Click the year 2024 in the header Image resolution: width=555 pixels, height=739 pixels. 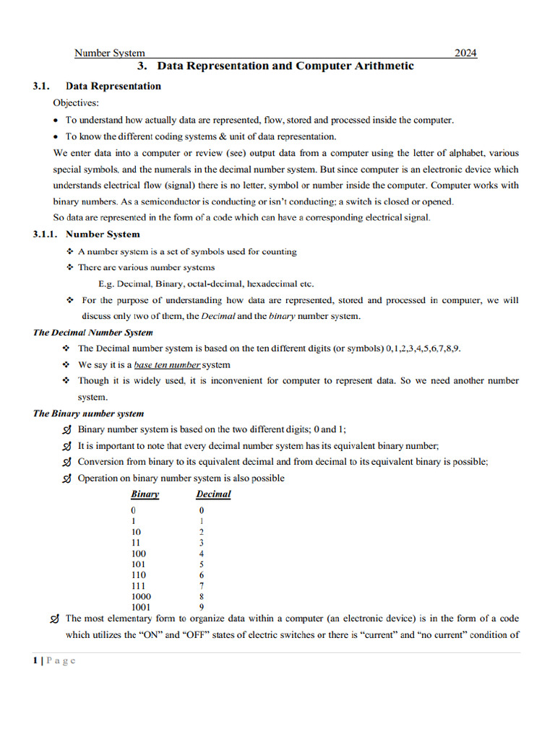tap(465, 53)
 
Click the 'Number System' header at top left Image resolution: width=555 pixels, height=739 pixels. tap(110, 53)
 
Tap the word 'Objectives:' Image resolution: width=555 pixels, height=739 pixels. tap(76, 102)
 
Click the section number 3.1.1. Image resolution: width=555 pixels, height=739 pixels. tap(45, 234)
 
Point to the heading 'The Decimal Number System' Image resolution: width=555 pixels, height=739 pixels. tap(92, 333)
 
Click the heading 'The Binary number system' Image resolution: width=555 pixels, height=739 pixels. tap(88, 414)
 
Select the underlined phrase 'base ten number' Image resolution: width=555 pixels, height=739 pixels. tap(167, 365)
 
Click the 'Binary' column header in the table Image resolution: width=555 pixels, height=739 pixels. tap(145, 494)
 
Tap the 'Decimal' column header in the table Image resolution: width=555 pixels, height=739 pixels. tap(213, 494)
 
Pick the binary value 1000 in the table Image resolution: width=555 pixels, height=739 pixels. tap(141, 596)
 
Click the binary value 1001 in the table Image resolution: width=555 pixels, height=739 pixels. tap(141, 607)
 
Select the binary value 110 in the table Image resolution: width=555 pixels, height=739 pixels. tap(138, 574)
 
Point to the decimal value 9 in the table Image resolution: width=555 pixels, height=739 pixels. tap(202, 607)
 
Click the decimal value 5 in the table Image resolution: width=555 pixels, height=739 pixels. tap(202, 564)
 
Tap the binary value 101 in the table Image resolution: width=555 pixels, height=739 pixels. tap(138, 564)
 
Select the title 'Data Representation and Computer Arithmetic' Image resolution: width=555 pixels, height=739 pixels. tap(285, 66)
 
